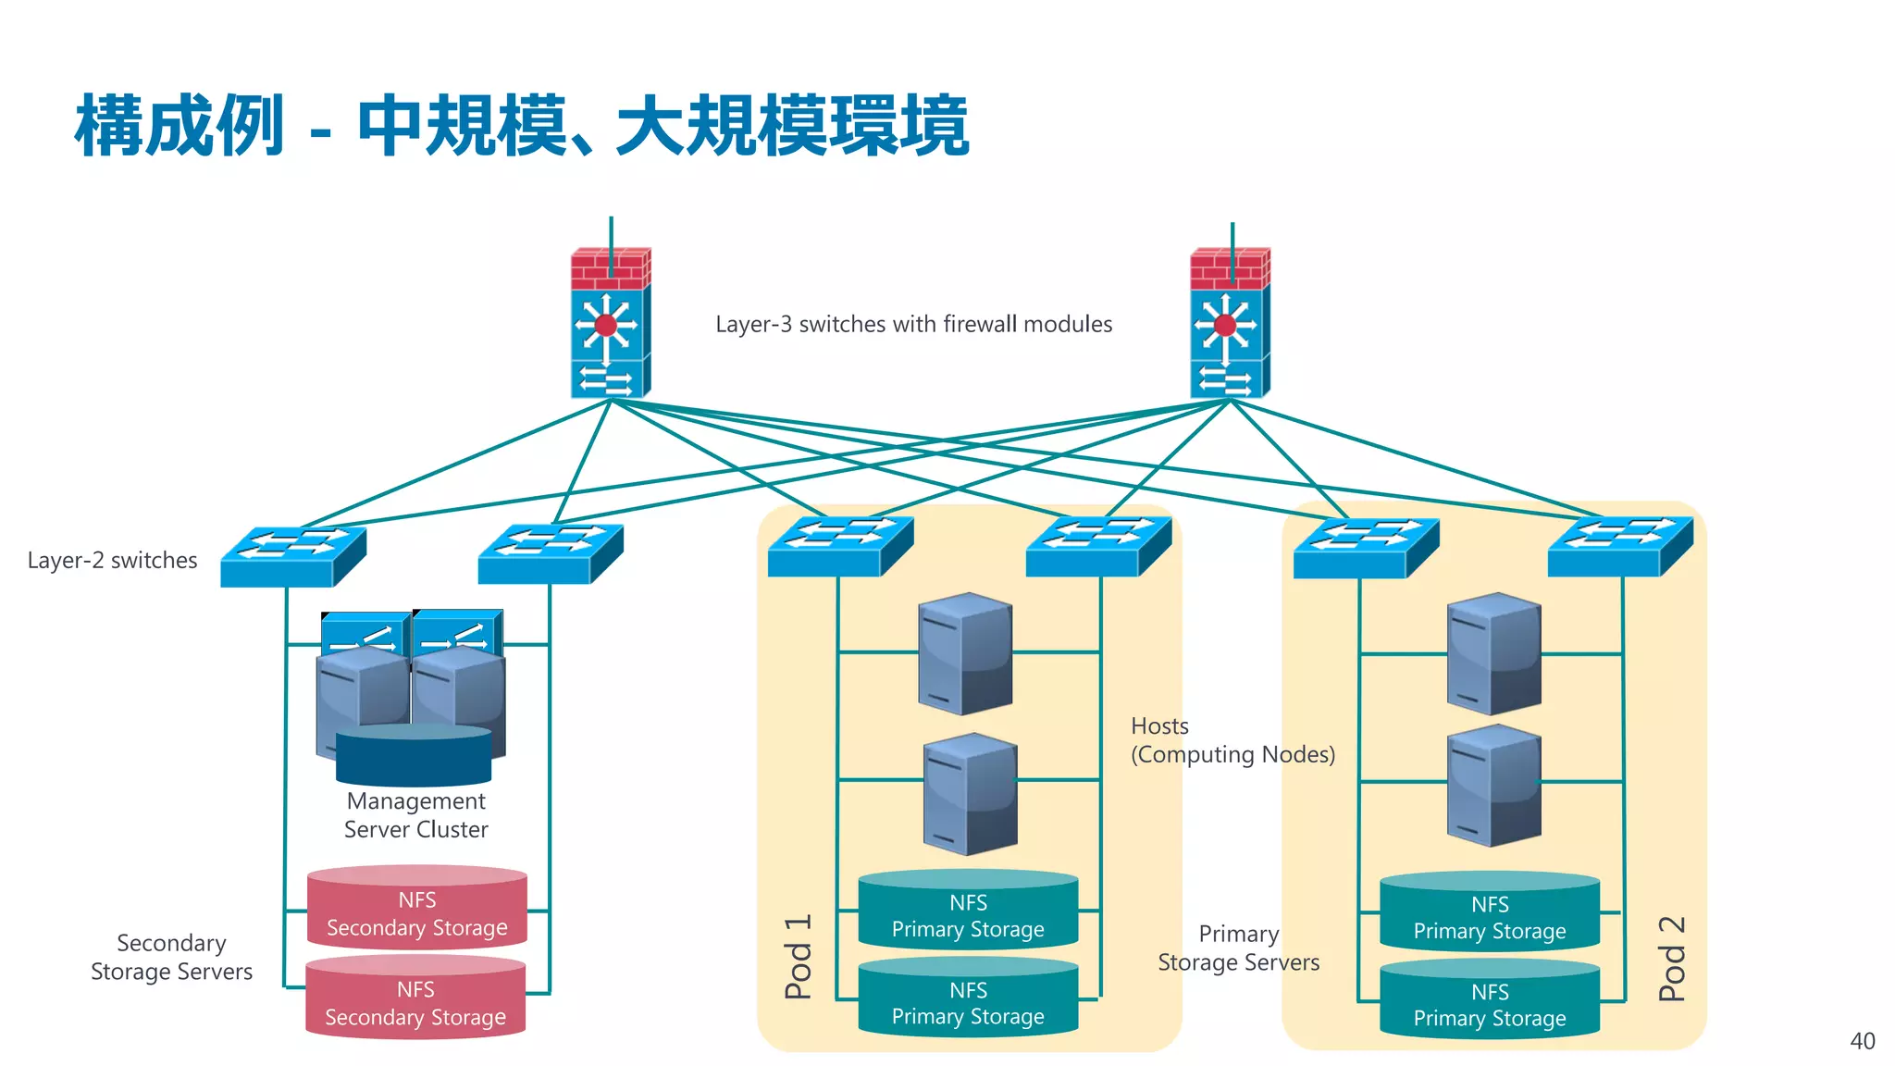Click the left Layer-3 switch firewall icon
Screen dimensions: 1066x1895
tap(610, 324)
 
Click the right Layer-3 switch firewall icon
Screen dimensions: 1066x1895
tap(1229, 324)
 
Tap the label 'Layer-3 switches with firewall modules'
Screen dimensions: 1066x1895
tap(913, 324)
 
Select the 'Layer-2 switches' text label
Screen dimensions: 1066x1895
tap(112, 560)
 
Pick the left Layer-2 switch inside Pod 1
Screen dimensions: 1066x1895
tap(839, 546)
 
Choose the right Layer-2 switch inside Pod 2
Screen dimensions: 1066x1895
tap(1619, 546)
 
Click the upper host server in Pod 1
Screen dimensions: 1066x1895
tap(965, 653)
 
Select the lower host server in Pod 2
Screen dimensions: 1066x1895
tap(1493, 785)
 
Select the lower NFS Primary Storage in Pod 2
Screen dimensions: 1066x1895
tap(1490, 1000)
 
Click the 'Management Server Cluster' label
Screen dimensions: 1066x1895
tap(415, 815)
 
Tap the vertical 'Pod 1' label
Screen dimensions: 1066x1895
tap(798, 957)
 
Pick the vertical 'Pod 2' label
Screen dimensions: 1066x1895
tap(1671, 959)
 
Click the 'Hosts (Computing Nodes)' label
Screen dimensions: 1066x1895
tap(1232, 740)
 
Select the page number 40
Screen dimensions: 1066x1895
tap(1862, 1041)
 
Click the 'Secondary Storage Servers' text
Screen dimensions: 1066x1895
tap(171, 957)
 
